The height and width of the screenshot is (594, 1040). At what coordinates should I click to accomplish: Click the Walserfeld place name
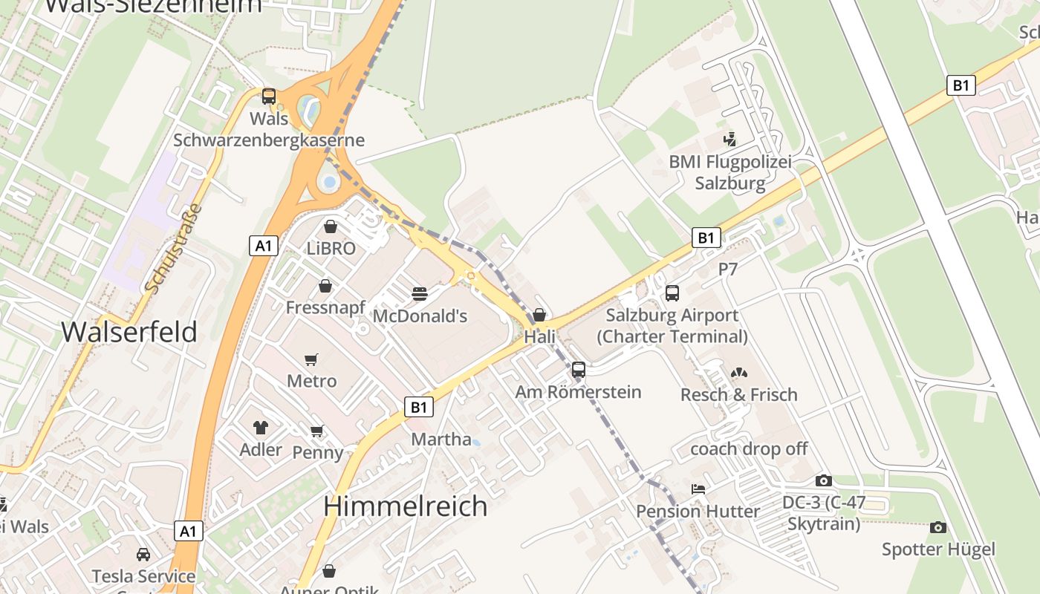[x=129, y=332]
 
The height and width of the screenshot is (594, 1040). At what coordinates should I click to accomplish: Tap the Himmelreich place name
[x=406, y=506]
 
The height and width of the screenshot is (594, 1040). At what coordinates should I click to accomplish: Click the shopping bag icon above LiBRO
[x=331, y=226]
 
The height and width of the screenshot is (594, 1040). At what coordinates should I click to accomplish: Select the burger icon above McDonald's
[x=420, y=294]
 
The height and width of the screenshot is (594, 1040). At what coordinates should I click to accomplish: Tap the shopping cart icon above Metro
[x=311, y=359]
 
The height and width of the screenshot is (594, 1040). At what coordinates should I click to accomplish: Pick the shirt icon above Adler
[x=260, y=427]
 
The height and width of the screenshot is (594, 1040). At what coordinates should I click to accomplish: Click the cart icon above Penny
[x=317, y=431]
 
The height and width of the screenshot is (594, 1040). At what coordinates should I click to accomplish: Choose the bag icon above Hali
[x=539, y=315]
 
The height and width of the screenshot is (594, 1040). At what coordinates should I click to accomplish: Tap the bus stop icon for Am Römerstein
[x=579, y=369]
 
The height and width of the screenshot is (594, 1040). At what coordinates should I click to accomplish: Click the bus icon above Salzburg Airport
[x=672, y=293]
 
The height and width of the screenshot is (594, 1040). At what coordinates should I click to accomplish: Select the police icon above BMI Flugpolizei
[x=729, y=139]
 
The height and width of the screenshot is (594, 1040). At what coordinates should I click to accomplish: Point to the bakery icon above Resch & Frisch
[x=738, y=373]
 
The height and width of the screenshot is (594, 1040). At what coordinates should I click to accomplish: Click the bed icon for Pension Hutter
[x=698, y=489]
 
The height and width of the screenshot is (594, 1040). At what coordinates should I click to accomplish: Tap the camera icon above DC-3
[x=823, y=480]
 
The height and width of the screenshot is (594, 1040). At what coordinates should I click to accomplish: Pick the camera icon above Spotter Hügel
[x=938, y=527]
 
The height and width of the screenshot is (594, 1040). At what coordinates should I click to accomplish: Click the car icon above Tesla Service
[x=143, y=554]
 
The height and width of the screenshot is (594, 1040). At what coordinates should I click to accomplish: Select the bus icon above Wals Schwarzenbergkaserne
[x=269, y=96]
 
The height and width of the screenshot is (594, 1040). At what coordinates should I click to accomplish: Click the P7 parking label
[x=728, y=270]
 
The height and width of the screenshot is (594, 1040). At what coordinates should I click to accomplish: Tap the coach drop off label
[x=749, y=449]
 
